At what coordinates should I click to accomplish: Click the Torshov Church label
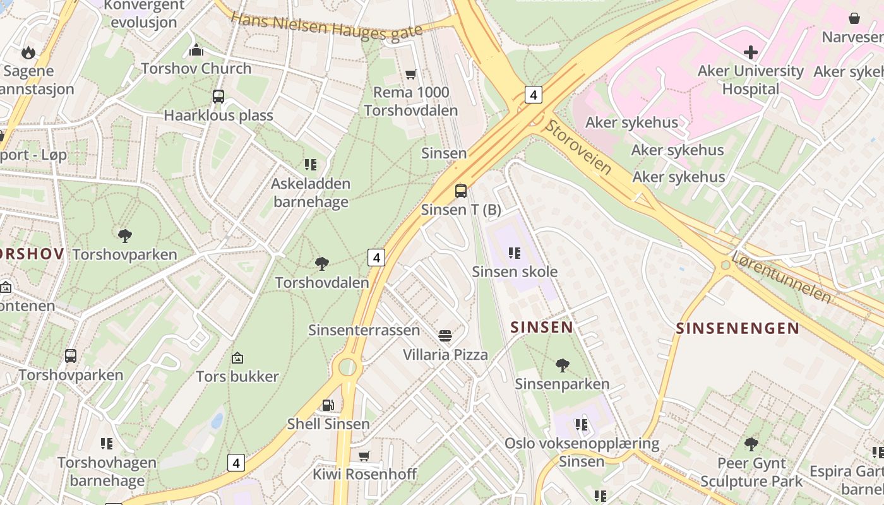point(196,68)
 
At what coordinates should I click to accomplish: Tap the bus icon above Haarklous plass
point(218,97)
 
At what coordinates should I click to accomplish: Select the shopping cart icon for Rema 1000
point(411,74)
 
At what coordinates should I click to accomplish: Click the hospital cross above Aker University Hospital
point(751,52)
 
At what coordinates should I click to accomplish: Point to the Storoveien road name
point(577,146)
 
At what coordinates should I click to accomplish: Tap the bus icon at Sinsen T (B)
point(461,191)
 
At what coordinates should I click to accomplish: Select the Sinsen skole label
point(515,271)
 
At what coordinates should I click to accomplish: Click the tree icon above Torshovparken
point(125,236)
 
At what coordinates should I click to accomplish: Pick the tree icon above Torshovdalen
point(322,263)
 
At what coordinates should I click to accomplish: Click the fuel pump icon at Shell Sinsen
point(328,405)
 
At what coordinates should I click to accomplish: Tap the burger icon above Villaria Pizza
point(445,335)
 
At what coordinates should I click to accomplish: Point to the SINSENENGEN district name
point(738,328)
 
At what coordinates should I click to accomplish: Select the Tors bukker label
point(237,377)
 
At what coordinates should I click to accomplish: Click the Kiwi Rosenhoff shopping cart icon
point(364,456)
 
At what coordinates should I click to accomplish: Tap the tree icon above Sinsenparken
point(562,365)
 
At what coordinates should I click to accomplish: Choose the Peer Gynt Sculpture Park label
point(751,472)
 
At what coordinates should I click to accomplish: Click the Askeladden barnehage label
point(310,193)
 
